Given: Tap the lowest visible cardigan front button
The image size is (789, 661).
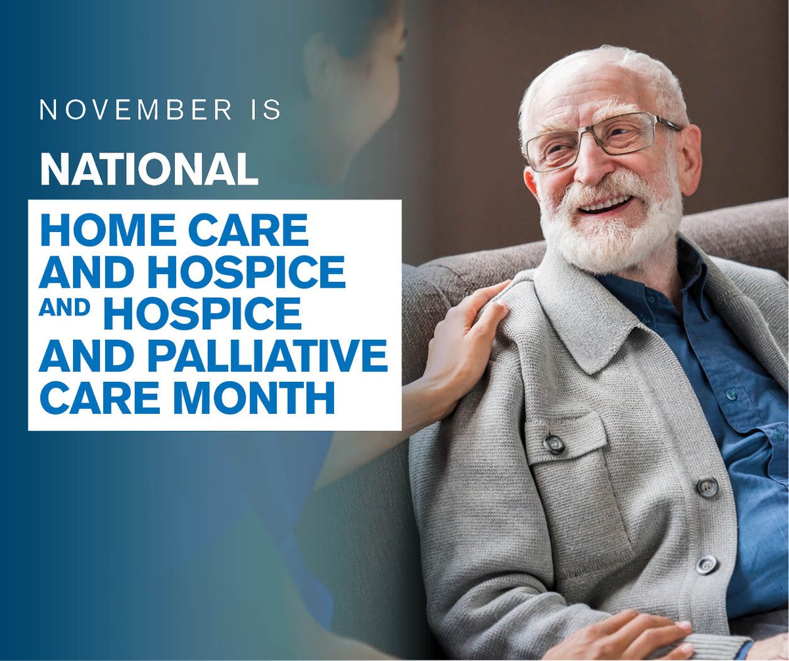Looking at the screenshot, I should [x=707, y=564].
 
